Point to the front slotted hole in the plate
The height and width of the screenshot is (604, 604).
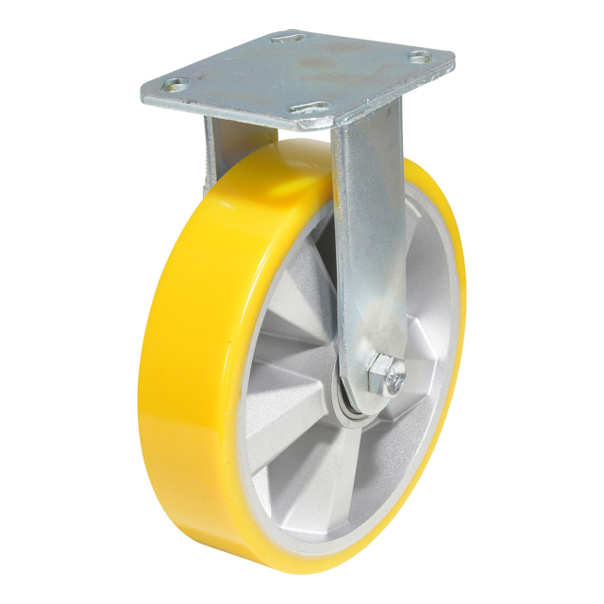pyautogui.click(x=312, y=109)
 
